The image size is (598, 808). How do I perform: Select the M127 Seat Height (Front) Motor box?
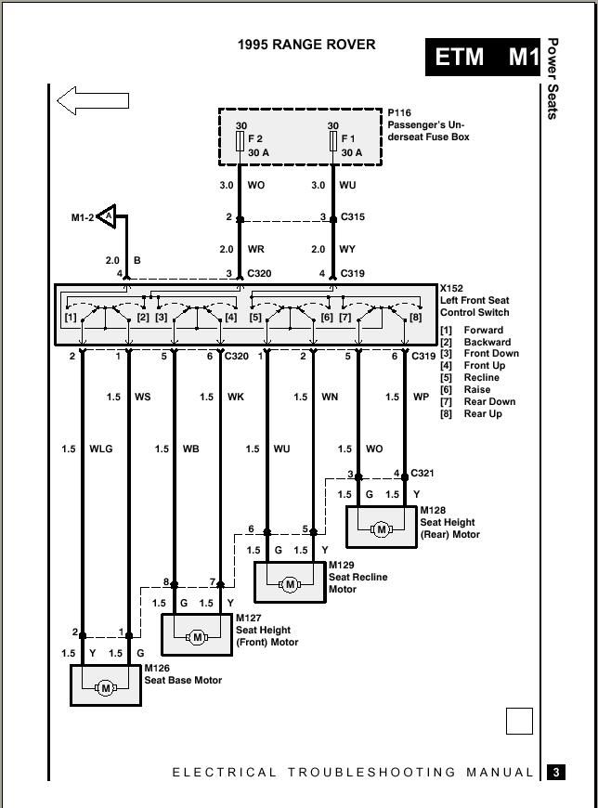click(197, 634)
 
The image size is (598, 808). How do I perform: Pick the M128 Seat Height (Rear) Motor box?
click(382, 527)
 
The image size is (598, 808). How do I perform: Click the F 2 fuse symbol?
click(240, 141)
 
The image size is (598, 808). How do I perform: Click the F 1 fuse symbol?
click(333, 141)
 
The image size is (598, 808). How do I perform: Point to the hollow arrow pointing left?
click(93, 100)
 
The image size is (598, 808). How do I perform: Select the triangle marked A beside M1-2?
click(107, 216)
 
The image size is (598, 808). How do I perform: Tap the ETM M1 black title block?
click(483, 58)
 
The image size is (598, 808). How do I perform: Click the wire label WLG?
click(101, 449)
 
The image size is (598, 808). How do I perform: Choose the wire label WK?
click(236, 397)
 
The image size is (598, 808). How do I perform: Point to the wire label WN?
click(331, 397)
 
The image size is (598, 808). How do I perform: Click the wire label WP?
click(422, 397)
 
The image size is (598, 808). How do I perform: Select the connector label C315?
click(353, 217)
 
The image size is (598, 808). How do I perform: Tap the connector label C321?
click(422, 473)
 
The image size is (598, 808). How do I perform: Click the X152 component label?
click(451, 288)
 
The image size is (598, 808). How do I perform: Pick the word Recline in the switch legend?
click(482, 378)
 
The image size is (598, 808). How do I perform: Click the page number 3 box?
click(556, 773)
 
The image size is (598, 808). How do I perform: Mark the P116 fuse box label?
click(399, 113)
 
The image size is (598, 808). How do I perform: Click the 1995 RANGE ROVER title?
click(306, 45)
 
